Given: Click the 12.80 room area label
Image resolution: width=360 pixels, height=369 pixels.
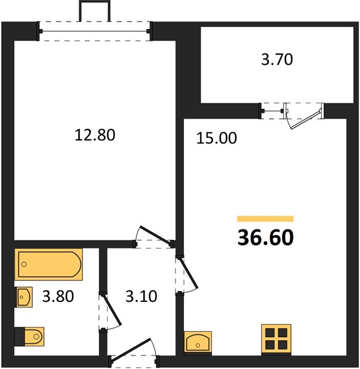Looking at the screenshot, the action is [95, 135].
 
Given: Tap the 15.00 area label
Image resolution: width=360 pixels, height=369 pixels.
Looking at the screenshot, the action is [217, 138].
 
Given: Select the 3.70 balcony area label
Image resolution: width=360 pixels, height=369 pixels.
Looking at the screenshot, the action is [277, 59].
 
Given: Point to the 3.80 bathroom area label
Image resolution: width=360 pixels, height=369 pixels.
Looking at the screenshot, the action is [58, 296].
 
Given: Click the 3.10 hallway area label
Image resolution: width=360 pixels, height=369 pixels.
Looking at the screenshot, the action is [142, 296].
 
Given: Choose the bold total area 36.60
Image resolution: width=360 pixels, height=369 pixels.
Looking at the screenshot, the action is [266, 237].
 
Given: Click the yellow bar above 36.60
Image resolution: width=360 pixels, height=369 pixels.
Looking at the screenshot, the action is [265, 218].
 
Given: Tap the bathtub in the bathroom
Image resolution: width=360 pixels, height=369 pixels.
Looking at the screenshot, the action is [49, 264].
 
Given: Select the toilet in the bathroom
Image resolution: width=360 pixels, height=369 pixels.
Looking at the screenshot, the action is [30, 336].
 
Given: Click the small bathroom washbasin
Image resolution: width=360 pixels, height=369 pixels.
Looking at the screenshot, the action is [23, 297].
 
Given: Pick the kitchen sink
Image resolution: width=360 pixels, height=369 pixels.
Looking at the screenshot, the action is [198, 342].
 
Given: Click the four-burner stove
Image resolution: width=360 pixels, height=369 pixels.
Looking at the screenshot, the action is [276, 339].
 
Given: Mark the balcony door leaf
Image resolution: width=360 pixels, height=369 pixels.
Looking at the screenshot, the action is [306, 119].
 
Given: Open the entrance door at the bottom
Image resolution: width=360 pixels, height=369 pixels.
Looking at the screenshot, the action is [130, 349].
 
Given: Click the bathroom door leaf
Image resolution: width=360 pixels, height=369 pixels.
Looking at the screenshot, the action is [113, 310].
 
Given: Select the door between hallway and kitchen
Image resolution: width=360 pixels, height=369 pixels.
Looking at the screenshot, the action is [189, 273].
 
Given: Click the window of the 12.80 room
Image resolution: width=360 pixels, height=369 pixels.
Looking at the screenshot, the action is [95, 31].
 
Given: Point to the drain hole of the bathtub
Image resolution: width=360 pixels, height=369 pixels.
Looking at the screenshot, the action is [24, 264].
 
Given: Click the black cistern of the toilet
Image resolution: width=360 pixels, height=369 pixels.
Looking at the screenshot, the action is [20, 337].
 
